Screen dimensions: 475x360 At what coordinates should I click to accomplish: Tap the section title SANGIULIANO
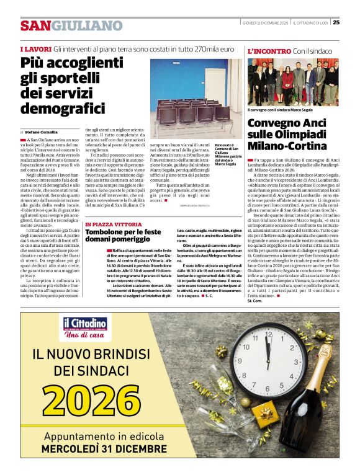click(71, 25)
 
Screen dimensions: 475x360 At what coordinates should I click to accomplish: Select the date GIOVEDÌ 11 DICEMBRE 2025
click(266, 23)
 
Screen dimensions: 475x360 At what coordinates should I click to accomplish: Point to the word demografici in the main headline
click(63, 109)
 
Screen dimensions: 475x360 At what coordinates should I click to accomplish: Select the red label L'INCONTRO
click(269, 51)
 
